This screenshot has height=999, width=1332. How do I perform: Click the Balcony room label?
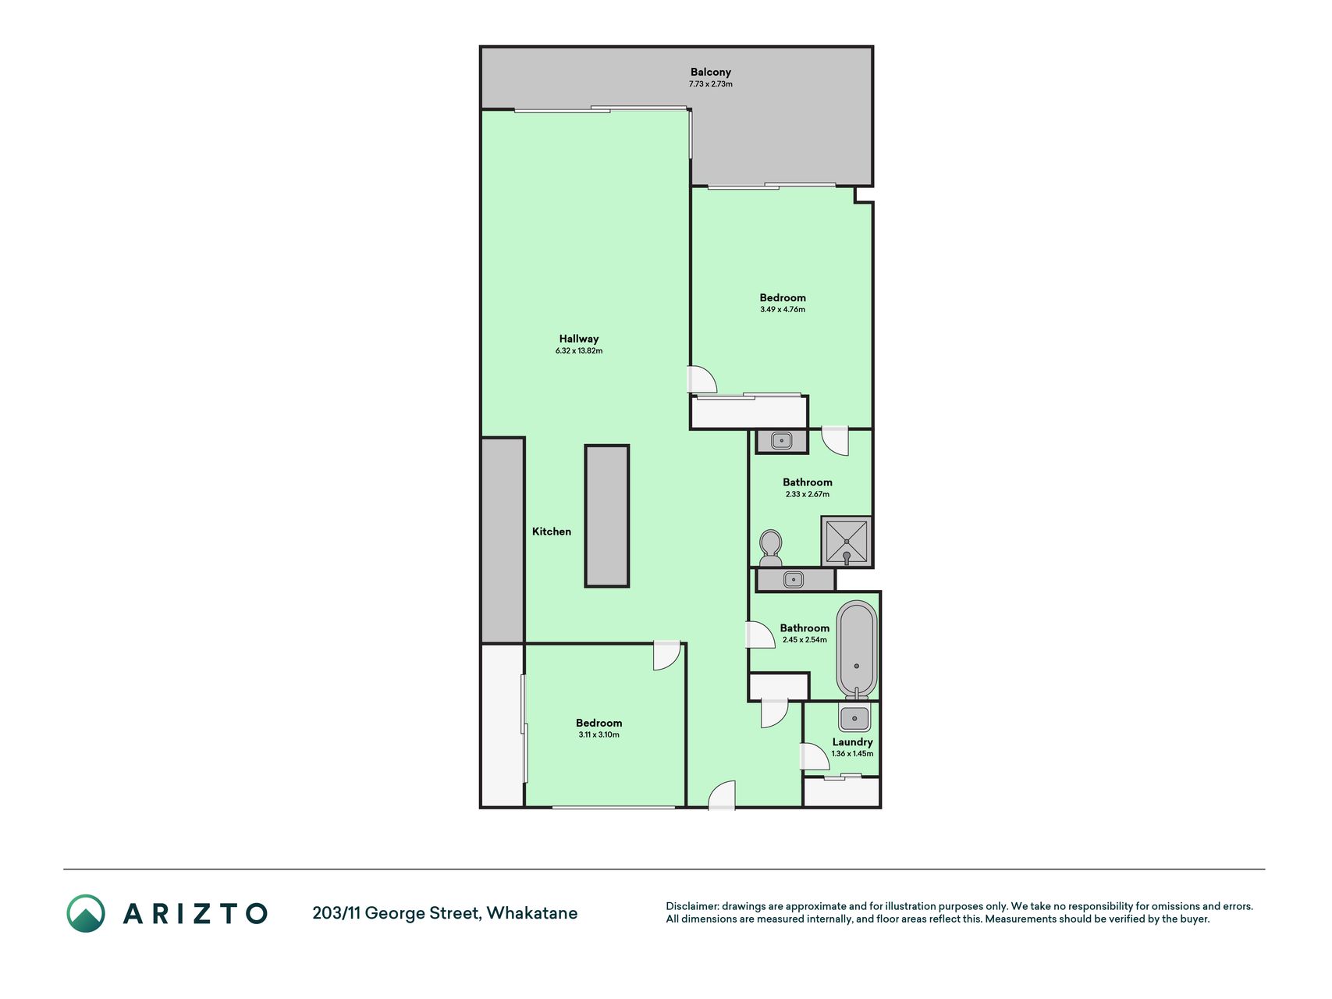pyautogui.click(x=710, y=72)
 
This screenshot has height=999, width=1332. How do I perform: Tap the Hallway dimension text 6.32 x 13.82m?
pyautogui.click(x=579, y=351)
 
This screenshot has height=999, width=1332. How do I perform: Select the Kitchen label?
pyautogui.click(x=552, y=531)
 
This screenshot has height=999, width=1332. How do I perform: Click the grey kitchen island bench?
pyautogui.click(x=607, y=516)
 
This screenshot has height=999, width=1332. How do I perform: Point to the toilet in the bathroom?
pyautogui.click(x=771, y=549)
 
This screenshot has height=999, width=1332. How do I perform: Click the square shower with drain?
pyautogui.click(x=847, y=541)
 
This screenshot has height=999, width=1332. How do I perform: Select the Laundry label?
pyautogui.click(x=852, y=742)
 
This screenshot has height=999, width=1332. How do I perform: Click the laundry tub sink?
pyautogui.click(x=854, y=718)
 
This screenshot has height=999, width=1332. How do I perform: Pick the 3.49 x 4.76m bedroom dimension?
pyautogui.click(x=783, y=310)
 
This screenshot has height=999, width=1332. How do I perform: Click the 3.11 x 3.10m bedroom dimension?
pyautogui.click(x=599, y=735)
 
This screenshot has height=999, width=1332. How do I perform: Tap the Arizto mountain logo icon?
pyautogui.click(x=86, y=913)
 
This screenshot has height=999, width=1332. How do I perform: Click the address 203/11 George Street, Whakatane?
pyautogui.click(x=445, y=913)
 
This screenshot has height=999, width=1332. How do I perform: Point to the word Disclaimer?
pyautogui.click(x=691, y=906)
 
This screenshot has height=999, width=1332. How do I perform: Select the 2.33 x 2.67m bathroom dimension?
pyautogui.click(x=808, y=495)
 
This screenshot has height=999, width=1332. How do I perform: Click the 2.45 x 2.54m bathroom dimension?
pyautogui.click(x=805, y=640)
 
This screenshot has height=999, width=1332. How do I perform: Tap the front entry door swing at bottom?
pyautogui.click(x=722, y=795)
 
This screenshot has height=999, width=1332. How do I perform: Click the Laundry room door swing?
pyautogui.click(x=815, y=756)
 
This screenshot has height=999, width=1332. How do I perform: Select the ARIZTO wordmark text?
pyautogui.click(x=195, y=914)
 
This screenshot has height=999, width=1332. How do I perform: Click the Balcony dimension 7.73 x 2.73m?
pyautogui.click(x=710, y=84)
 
